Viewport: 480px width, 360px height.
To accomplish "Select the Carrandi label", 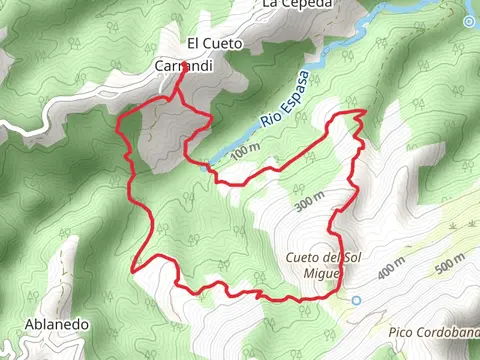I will pos(182,65).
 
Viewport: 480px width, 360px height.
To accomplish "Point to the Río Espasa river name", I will pos(282,103).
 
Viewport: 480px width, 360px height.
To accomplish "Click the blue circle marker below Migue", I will pos(355,299).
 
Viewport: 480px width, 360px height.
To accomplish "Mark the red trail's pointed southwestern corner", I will pos(132,268).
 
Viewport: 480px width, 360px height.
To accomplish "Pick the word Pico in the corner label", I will pos(401,330).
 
